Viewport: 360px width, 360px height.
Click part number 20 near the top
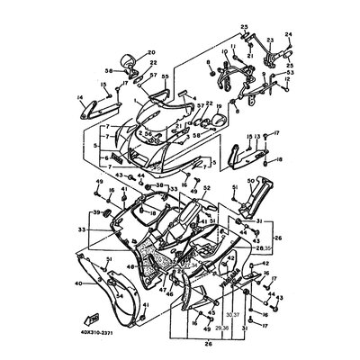point(150,53)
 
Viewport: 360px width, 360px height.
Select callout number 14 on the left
point(81,95)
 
